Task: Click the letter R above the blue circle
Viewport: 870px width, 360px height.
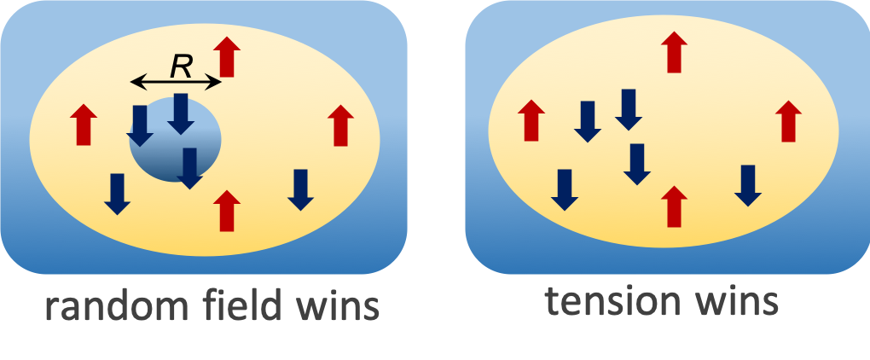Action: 180,66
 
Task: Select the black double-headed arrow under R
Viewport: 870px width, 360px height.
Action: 176,82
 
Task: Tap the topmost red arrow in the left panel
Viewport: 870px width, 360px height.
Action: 226,56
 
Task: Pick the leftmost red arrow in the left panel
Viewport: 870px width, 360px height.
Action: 83,124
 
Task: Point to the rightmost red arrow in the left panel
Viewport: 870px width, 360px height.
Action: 340,125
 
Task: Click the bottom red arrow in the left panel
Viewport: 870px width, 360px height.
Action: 226,210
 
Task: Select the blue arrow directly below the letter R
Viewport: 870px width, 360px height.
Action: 181,113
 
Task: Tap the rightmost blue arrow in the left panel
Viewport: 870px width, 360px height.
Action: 299,189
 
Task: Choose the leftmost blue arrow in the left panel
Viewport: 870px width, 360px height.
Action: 117,193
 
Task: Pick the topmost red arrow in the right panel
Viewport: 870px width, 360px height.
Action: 675,52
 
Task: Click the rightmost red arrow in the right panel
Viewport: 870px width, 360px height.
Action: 787,120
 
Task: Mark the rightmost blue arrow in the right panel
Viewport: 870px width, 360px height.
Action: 748,184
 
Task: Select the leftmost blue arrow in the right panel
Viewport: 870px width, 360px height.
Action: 563,189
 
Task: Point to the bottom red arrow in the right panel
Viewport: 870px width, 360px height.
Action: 674,206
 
